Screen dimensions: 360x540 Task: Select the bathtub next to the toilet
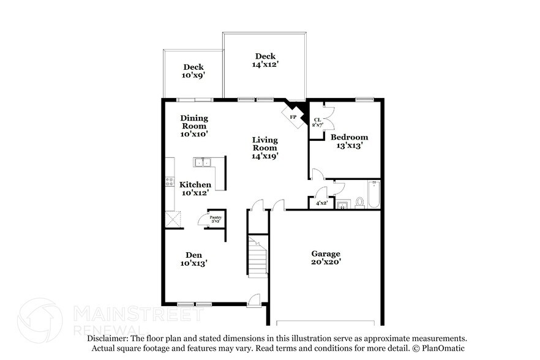[x=373, y=195]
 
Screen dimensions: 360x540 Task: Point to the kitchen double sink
[x=203, y=162]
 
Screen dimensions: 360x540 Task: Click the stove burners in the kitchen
[x=170, y=181]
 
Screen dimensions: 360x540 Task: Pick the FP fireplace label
[x=293, y=117]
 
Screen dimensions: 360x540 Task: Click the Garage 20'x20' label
[x=326, y=257]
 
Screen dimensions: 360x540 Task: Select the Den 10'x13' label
[x=194, y=259]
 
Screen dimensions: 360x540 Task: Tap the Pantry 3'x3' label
[x=216, y=219]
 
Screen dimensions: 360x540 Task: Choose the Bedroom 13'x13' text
[x=349, y=141]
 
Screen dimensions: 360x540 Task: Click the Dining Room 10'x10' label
[x=194, y=126]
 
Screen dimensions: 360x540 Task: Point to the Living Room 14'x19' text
[x=265, y=148]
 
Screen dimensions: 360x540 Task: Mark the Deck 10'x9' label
[x=193, y=71]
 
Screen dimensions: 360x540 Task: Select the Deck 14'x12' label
[x=266, y=60]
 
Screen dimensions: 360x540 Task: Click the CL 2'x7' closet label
[x=318, y=122]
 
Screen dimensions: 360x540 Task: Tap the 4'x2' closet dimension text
[x=321, y=203]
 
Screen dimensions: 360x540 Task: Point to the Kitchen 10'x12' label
[x=195, y=189]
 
